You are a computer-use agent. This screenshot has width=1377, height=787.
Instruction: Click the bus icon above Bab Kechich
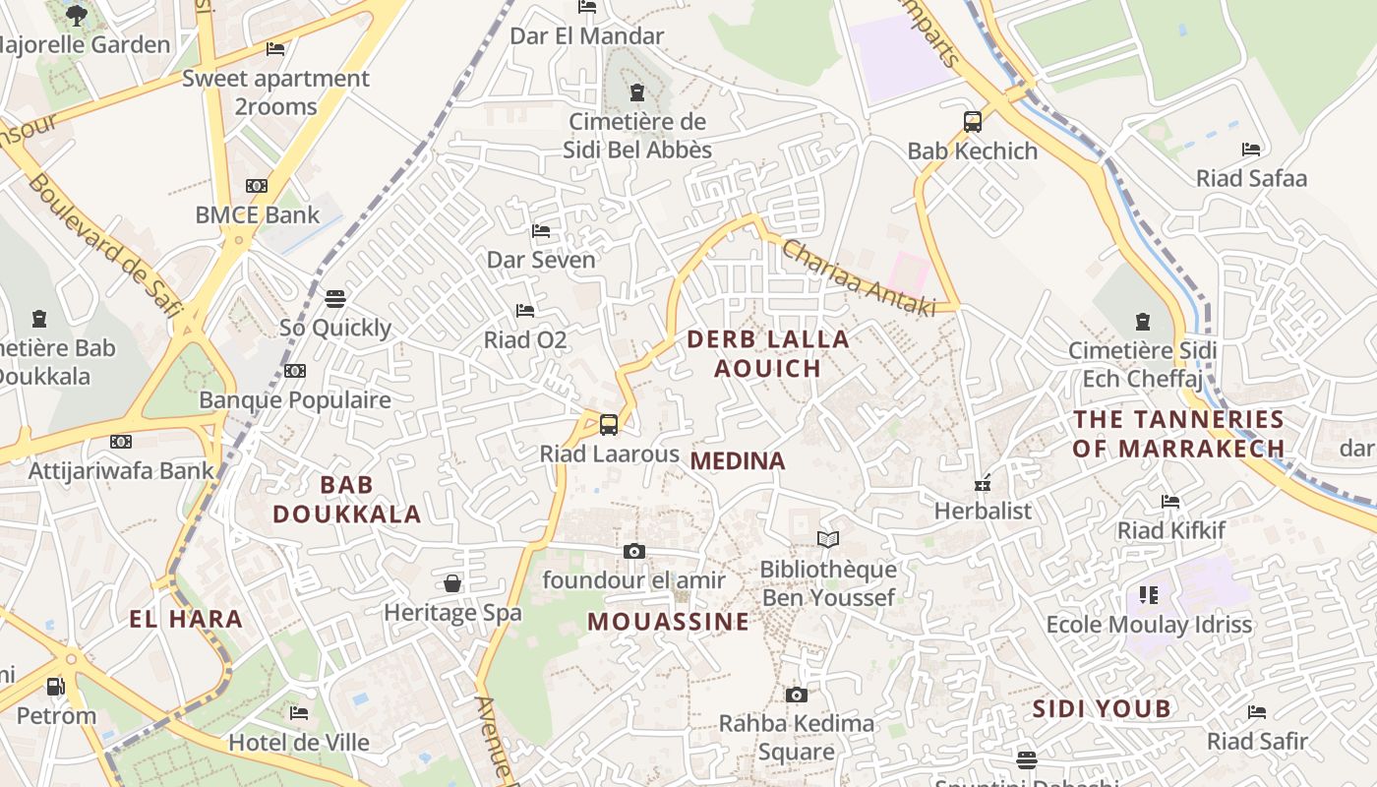tap(972, 122)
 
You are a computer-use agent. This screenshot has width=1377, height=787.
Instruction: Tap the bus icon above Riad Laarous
tap(609, 425)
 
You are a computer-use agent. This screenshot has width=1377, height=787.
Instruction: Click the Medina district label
tap(738, 460)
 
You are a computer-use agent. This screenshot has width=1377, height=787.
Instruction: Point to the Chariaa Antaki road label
tap(859, 279)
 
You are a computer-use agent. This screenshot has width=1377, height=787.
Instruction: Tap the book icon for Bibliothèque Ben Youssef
tap(828, 539)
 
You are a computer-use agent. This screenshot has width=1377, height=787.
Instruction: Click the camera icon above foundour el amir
tap(634, 551)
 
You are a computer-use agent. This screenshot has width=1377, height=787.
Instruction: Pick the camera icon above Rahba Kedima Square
tap(797, 695)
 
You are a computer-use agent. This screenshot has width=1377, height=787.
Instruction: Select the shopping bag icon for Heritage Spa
tap(452, 583)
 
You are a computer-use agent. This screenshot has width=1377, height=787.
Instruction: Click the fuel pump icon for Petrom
tap(56, 686)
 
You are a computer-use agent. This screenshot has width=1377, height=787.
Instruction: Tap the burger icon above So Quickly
tap(335, 298)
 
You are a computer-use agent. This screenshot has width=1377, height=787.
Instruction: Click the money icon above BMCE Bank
tap(257, 186)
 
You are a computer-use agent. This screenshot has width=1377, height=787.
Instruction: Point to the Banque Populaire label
tap(295, 399)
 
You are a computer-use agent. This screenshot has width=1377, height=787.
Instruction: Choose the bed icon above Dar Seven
tap(541, 231)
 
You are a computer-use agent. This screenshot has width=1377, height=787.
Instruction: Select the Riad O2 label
tap(525, 340)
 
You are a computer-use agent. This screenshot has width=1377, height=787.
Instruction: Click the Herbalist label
tap(983, 511)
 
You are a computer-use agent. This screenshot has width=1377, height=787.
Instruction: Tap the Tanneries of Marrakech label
tap(1178, 434)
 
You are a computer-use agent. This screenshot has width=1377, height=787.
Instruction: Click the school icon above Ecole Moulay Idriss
tap(1149, 594)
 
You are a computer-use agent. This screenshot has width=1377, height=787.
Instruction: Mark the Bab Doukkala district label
tap(346, 499)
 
